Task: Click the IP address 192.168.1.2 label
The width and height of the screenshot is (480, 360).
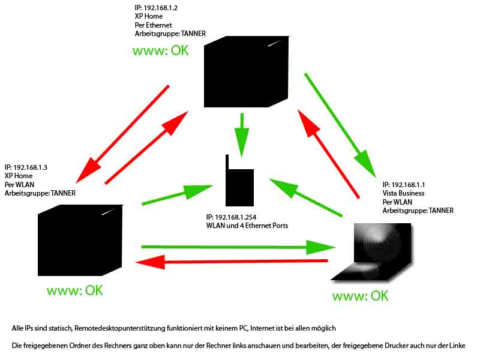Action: coord(156,8)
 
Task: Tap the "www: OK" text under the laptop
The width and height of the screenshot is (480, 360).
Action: coord(360,296)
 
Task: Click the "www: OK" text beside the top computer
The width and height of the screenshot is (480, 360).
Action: coord(160,50)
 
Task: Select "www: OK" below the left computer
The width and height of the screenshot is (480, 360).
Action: coord(75,290)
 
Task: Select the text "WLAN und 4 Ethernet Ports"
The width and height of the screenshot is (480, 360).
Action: coord(247,226)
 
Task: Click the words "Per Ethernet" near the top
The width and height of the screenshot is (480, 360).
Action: coord(154,25)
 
